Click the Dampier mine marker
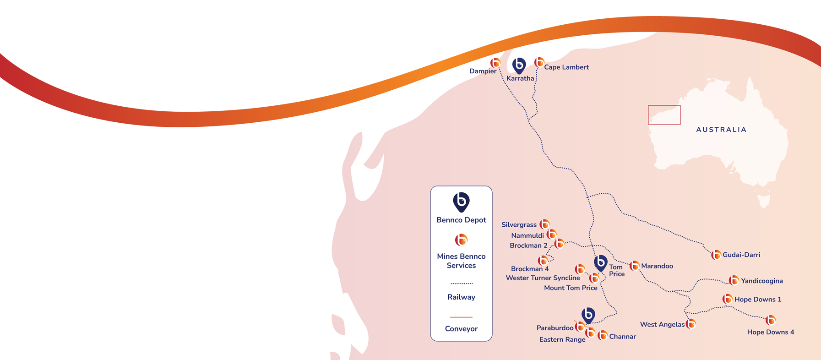click(x=495, y=62)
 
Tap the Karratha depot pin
click(x=519, y=65)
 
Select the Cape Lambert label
click(x=566, y=67)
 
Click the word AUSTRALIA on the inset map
click(x=721, y=130)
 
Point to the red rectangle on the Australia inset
click(x=664, y=115)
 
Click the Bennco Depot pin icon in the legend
click(x=461, y=202)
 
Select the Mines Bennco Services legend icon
click(x=461, y=240)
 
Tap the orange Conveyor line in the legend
click(x=461, y=317)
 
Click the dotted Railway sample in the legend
click(x=461, y=284)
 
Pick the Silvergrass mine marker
click(x=544, y=224)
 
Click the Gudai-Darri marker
click(x=716, y=255)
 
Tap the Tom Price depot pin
click(x=600, y=263)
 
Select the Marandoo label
click(x=657, y=266)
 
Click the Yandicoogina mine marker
click(x=734, y=280)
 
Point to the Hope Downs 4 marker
click(x=771, y=320)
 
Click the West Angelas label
click(x=662, y=325)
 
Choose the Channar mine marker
click(x=603, y=336)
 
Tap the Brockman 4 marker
click(x=543, y=261)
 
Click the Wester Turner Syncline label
click(x=543, y=278)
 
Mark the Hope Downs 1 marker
click(x=727, y=299)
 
